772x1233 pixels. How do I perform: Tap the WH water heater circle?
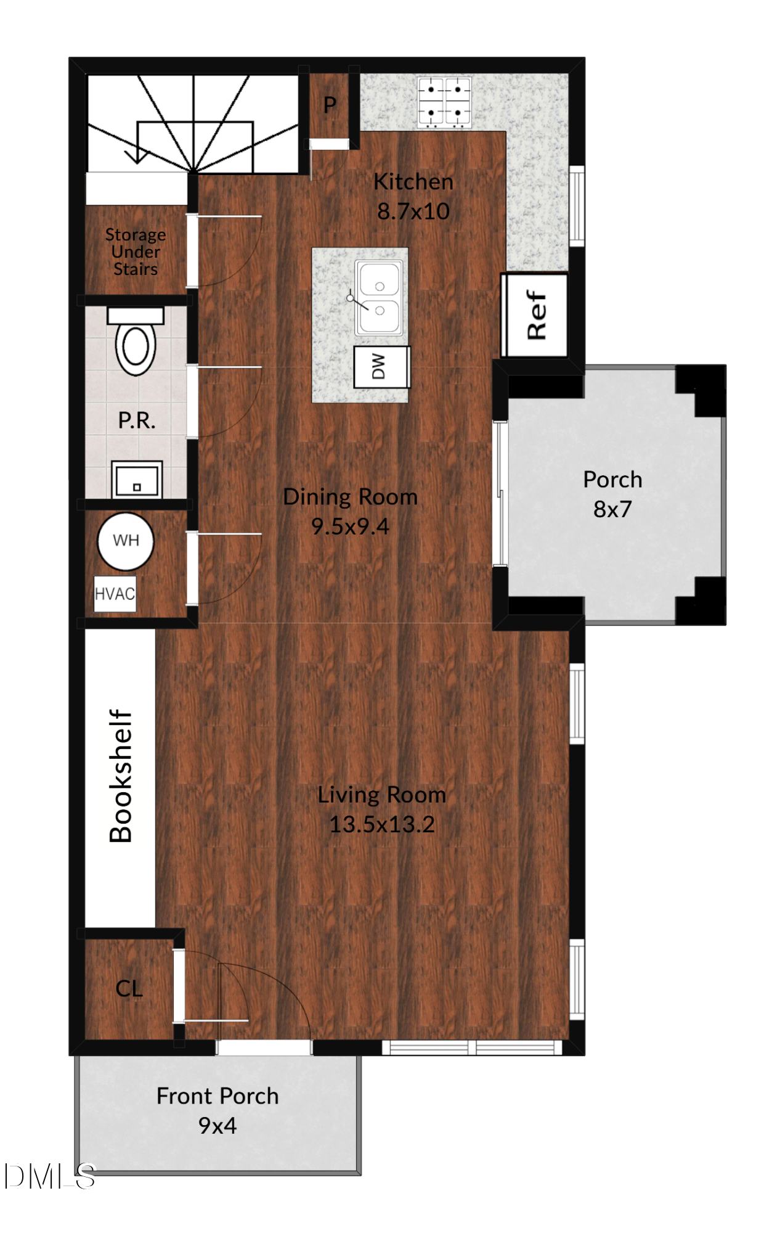point(126,541)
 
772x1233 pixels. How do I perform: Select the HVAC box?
point(115,594)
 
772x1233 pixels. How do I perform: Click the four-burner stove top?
point(444,102)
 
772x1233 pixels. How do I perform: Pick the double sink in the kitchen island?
point(379,298)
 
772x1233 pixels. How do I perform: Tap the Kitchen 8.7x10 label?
point(413,196)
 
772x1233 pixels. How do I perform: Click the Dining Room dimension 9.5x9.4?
point(350,526)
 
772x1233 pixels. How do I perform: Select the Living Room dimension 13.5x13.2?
point(382,824)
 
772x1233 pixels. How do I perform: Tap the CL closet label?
point(129,988)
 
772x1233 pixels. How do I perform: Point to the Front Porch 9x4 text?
point(217,1110)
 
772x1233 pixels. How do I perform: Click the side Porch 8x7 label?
point(612,494)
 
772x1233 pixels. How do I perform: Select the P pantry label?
point(330,105)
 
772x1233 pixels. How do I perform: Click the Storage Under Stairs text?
point(136,252)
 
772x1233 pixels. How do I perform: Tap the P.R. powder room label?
point(136,420)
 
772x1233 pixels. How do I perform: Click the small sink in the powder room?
point(137,480)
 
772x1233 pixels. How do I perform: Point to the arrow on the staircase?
point(137,154)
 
